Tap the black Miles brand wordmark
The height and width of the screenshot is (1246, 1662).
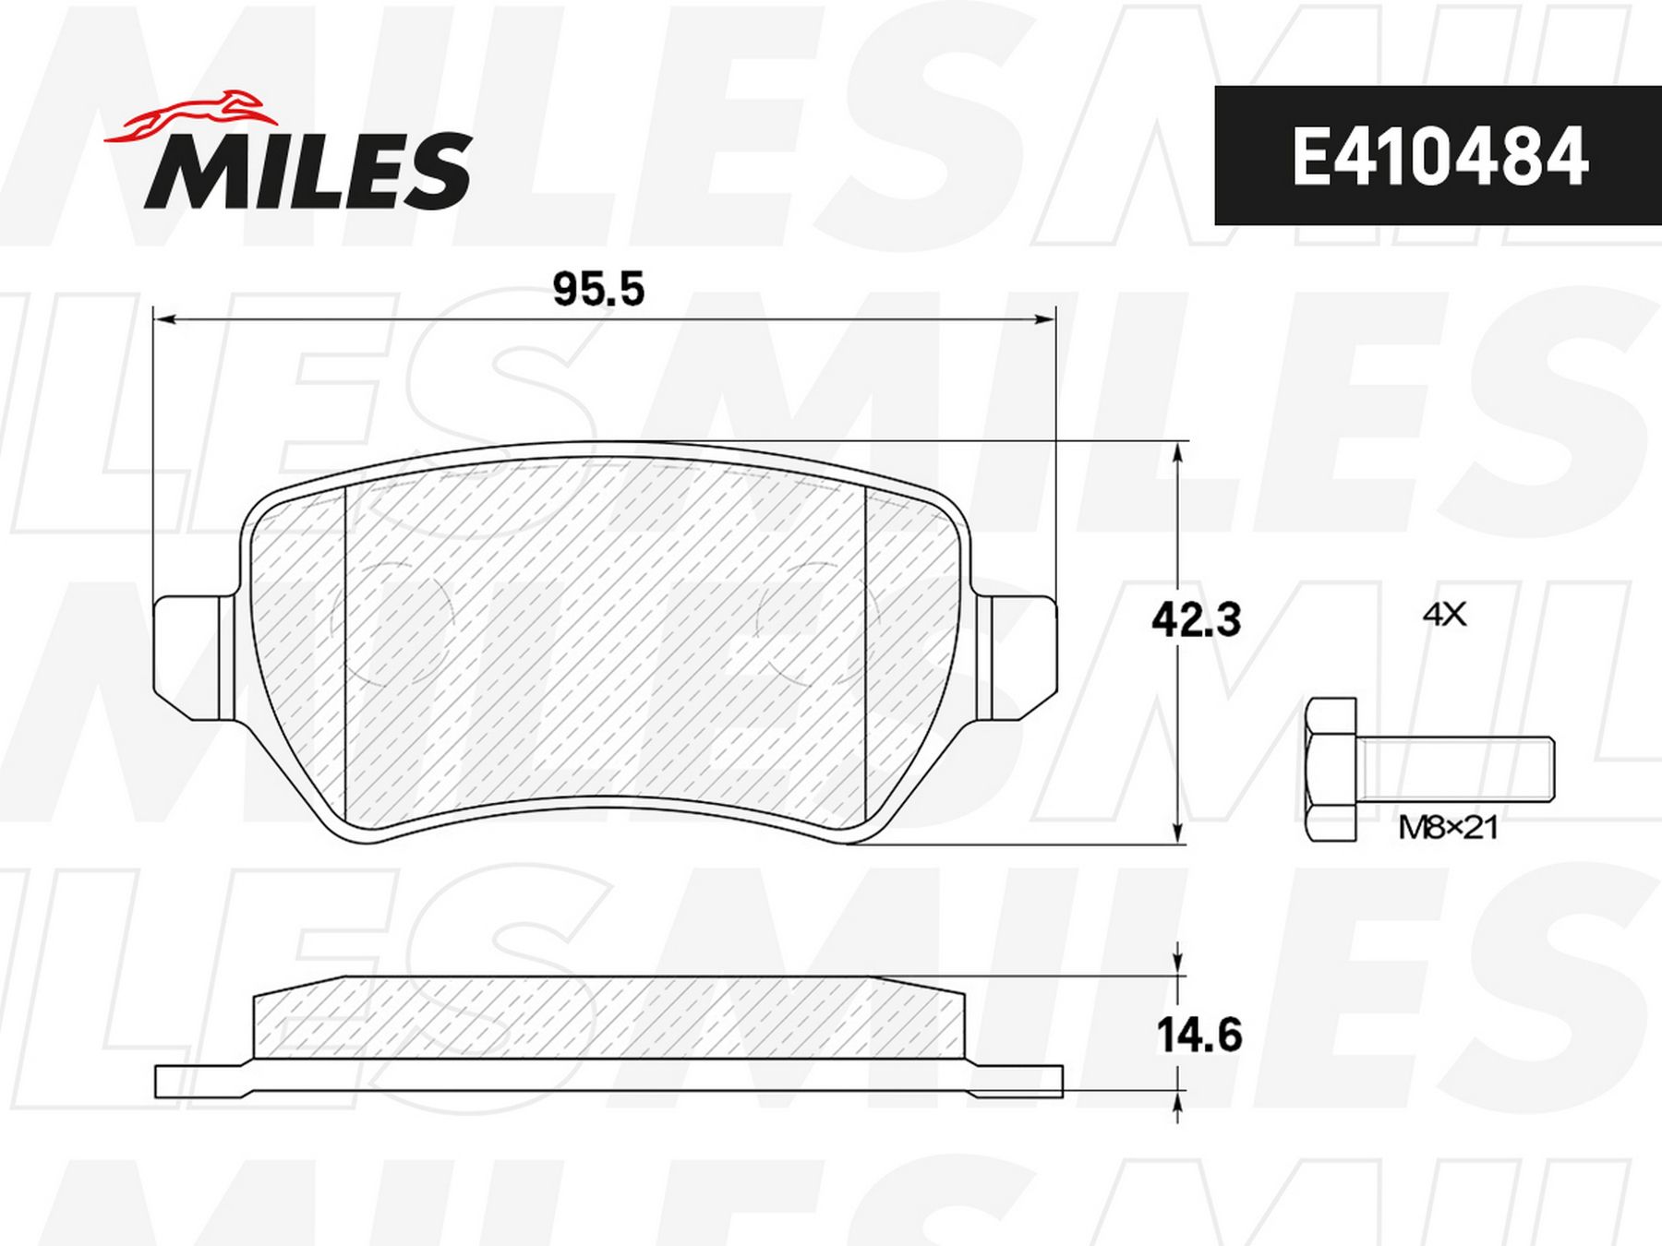pyautogui.click(x=307, y=170)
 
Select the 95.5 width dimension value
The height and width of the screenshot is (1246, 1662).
pyautogui.click(x=598, y=291)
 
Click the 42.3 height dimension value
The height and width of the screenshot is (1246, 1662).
pyautogui.click(x=1196, y=619)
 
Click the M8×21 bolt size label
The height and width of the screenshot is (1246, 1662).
pyautogui.click(x=1447, y=828)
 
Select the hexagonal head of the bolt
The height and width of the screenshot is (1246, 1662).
pyautogui.click(x=1331, y=770)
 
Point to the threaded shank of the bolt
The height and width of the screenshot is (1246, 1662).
pyautogui.click(x=1456, y=770)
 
